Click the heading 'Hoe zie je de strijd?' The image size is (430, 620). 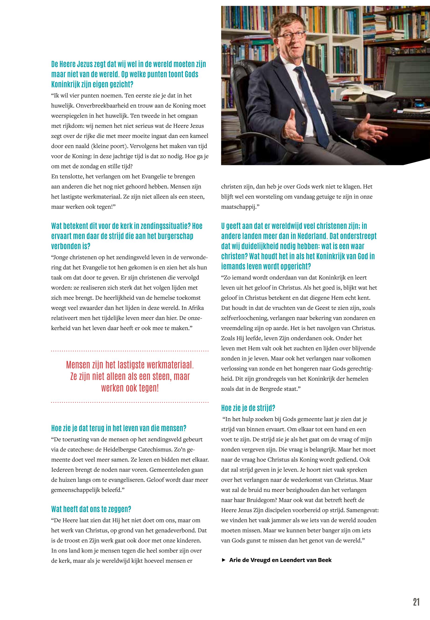click(248, 408)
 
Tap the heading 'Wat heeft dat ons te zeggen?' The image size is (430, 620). click(91, 509)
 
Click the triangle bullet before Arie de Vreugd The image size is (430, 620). click(223, 560)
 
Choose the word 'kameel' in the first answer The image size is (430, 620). click(199, 136)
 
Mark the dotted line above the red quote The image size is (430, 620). click(130, 351)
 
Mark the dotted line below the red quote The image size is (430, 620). click(130, 402)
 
